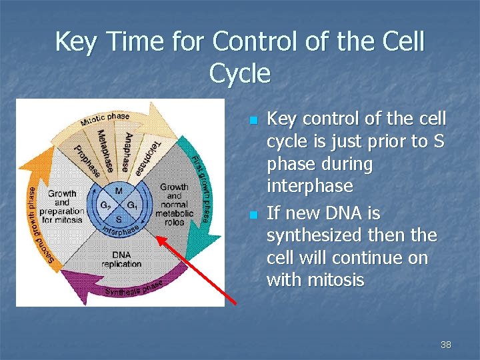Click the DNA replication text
pyautogui.click(x=121, y=259)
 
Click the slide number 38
pyautogui.click(x=445, y=345)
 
